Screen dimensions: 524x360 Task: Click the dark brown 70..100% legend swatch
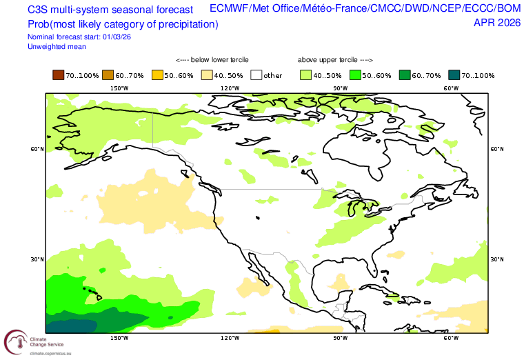pos(58,75)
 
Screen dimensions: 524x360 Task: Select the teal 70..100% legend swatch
pos(454,75)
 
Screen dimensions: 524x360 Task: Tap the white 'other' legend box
pos(256,75)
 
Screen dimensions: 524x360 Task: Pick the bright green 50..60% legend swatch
pos(355,75)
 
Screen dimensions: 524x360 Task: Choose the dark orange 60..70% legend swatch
pos(108,75)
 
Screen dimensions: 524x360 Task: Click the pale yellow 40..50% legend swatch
pos(207,75)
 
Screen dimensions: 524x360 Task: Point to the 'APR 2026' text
pos(497,23)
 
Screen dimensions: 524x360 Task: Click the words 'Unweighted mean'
pos(57,47)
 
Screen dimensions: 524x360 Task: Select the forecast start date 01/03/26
pos(117,37)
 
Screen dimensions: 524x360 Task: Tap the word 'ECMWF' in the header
pos(229,8)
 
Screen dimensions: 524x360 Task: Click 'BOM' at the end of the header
pos(509,8)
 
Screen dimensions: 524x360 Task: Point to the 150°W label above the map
pos(119,88)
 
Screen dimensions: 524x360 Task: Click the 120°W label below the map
pos(230,338)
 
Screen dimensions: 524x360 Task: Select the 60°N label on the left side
pos(37,149)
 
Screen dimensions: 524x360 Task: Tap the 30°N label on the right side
pos(497,259)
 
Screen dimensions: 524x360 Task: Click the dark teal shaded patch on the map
pos(71,326)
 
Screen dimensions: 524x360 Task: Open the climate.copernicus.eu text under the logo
pos(50,353)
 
